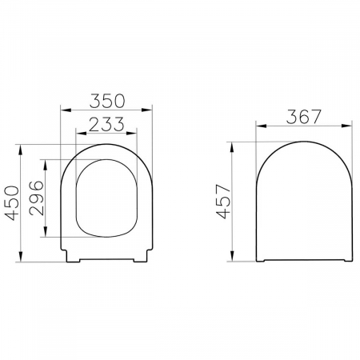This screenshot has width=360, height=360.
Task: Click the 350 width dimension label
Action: (x=107, y=101)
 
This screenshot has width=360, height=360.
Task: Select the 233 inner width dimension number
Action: (x=106, y=124)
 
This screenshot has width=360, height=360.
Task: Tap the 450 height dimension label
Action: (x=13, y=203)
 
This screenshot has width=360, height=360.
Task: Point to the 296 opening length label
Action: (x=36, y=198)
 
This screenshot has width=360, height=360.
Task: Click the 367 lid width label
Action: (x=304, y=117)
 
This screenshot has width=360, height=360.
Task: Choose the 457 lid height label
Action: (x=223, y=202)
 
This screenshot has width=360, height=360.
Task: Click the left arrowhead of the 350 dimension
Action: (x=66, y=110)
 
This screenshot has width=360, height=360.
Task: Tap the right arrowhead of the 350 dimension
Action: (x=146, y=110)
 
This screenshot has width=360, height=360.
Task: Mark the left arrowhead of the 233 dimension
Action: (x=82, y=133)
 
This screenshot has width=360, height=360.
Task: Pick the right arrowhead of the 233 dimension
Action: (x=131, y=133)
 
